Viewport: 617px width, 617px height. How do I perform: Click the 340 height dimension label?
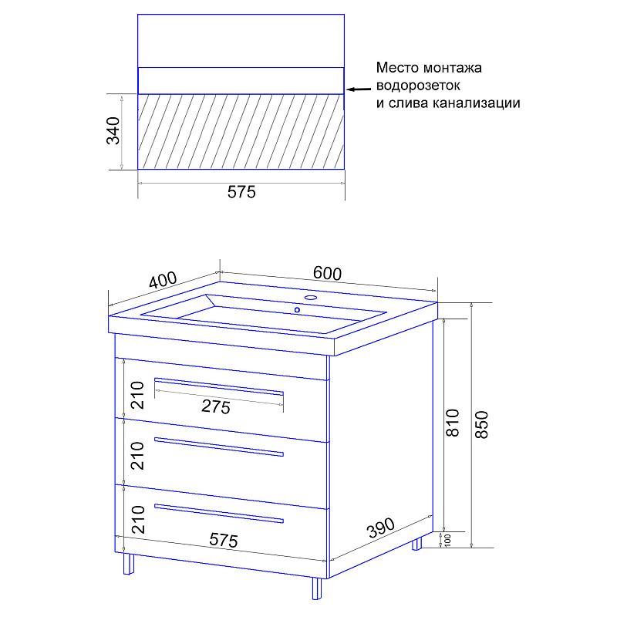pos(113,130)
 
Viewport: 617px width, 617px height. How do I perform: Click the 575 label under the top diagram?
pos(241,192)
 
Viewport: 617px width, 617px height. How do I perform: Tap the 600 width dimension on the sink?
pos(327,273)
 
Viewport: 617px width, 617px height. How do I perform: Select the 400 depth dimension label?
pos(163,280)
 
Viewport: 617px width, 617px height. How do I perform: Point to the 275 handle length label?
pos(216,406)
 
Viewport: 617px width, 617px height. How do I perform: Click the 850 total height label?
pos(481,425)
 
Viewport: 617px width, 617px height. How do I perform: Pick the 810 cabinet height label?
pos(453,423)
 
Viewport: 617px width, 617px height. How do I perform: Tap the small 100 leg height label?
pos(447,540)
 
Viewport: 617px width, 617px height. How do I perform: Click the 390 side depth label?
pos(380,528)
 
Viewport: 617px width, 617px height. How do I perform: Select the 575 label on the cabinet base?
pos(224,540)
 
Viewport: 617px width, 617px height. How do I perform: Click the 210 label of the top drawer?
pos(138,395)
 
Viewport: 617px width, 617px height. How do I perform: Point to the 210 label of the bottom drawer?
pos(138,519)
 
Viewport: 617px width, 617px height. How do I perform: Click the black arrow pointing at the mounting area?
pos(359,89)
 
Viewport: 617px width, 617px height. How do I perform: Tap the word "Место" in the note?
pos(397,68)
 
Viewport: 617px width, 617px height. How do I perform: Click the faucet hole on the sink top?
pos(311,297)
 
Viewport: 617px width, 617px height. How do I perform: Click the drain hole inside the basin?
pos(297,310)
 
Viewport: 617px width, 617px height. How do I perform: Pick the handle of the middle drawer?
pos(219,447)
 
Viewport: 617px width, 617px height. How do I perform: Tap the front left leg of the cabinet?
pos(129,564)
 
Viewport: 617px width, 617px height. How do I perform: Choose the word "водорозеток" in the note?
pos(418,86)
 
